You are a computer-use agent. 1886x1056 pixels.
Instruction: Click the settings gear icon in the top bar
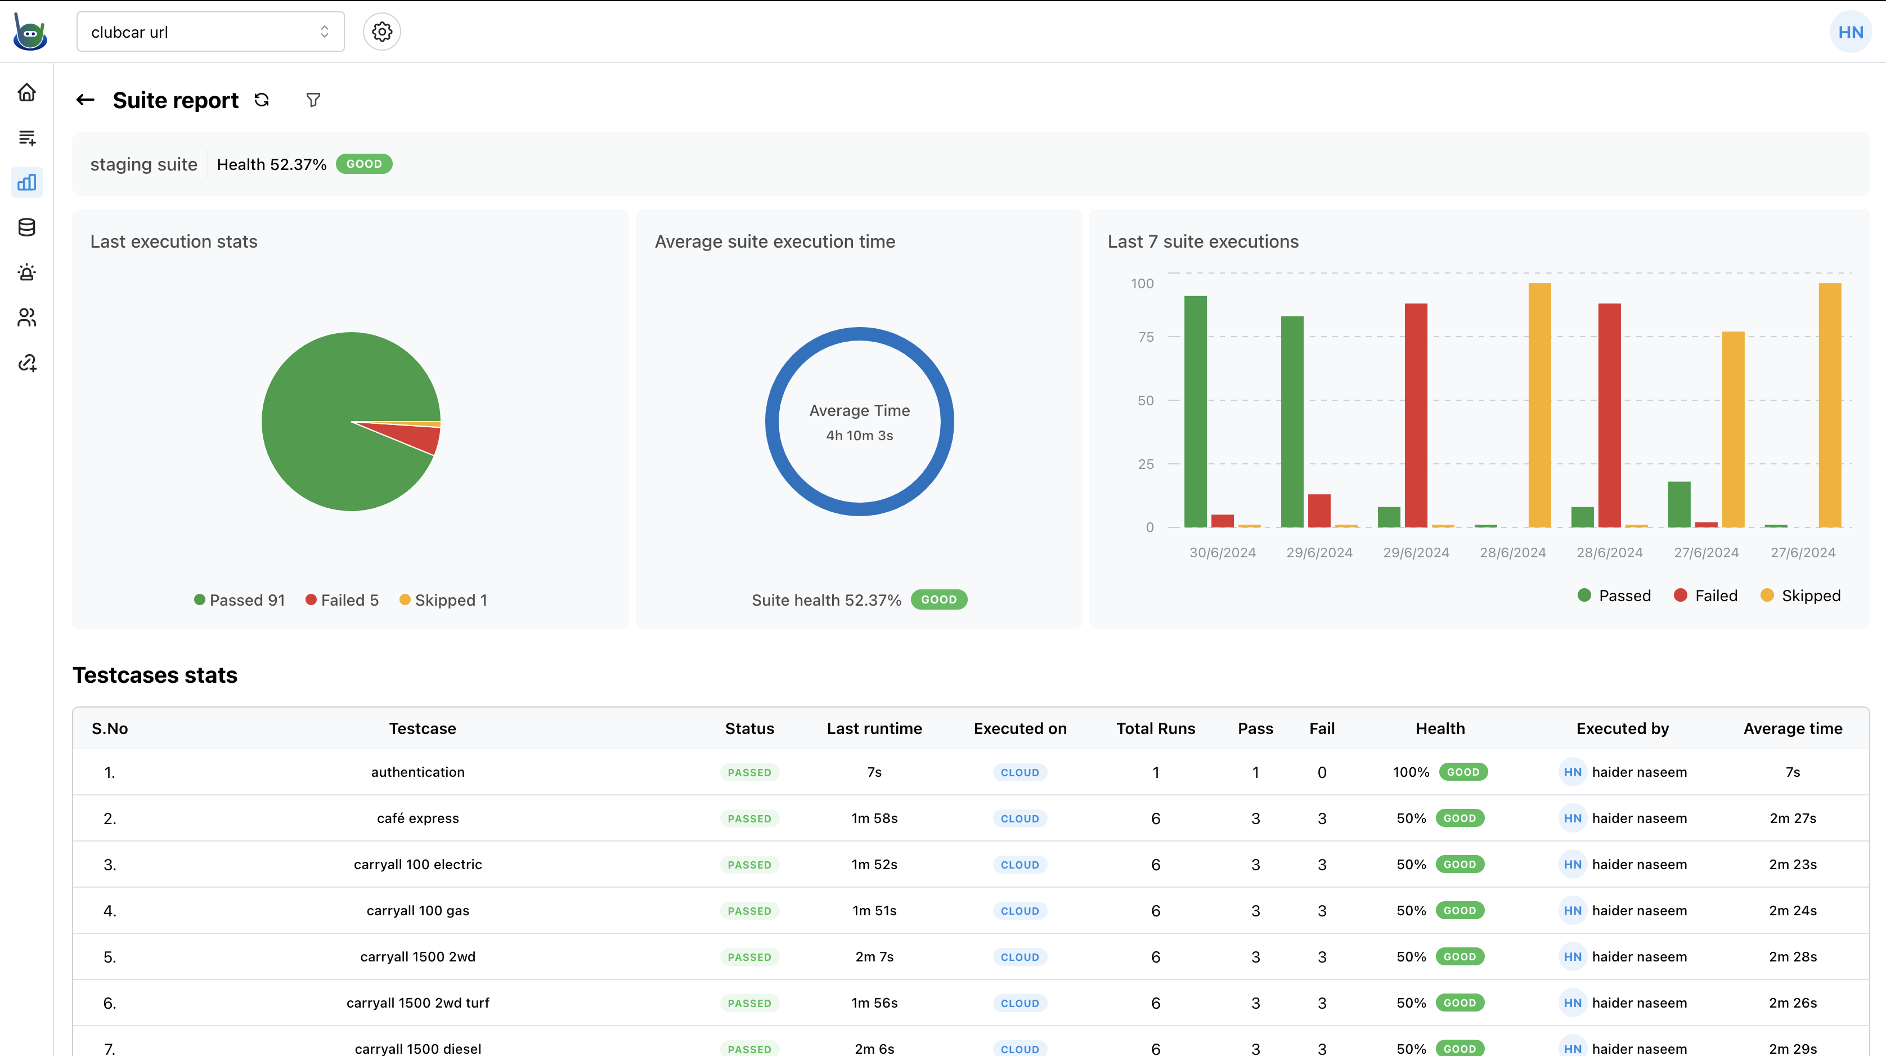click(x=381, y=32)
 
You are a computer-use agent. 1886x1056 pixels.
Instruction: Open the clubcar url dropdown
click(x=210, y=32)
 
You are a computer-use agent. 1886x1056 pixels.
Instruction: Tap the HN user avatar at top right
click(x=1849, y=32)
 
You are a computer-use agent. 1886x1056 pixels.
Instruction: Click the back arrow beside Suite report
click(x=86, y=100)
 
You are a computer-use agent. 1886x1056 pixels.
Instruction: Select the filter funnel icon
click(x=313, y=100)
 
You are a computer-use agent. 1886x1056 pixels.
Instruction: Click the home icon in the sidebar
click(x=27, y=92)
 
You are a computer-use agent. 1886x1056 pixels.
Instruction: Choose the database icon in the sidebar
click(x=27, y=227)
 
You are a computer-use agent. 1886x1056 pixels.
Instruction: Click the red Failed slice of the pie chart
click(x=417, y=438)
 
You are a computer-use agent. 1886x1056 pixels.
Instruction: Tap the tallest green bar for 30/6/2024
click(x=1195, y=410)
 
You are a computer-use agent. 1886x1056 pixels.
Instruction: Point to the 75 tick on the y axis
click(x=1146, y=337)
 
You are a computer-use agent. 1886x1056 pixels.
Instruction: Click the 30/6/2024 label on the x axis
click(x=1222, y=553)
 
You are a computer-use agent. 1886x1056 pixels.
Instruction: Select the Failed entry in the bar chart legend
click(x=1705, y=596)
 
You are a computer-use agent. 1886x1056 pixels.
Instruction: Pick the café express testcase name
click(x=418, y=818)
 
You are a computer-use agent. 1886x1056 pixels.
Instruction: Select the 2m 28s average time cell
click(x=1792, y=956)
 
